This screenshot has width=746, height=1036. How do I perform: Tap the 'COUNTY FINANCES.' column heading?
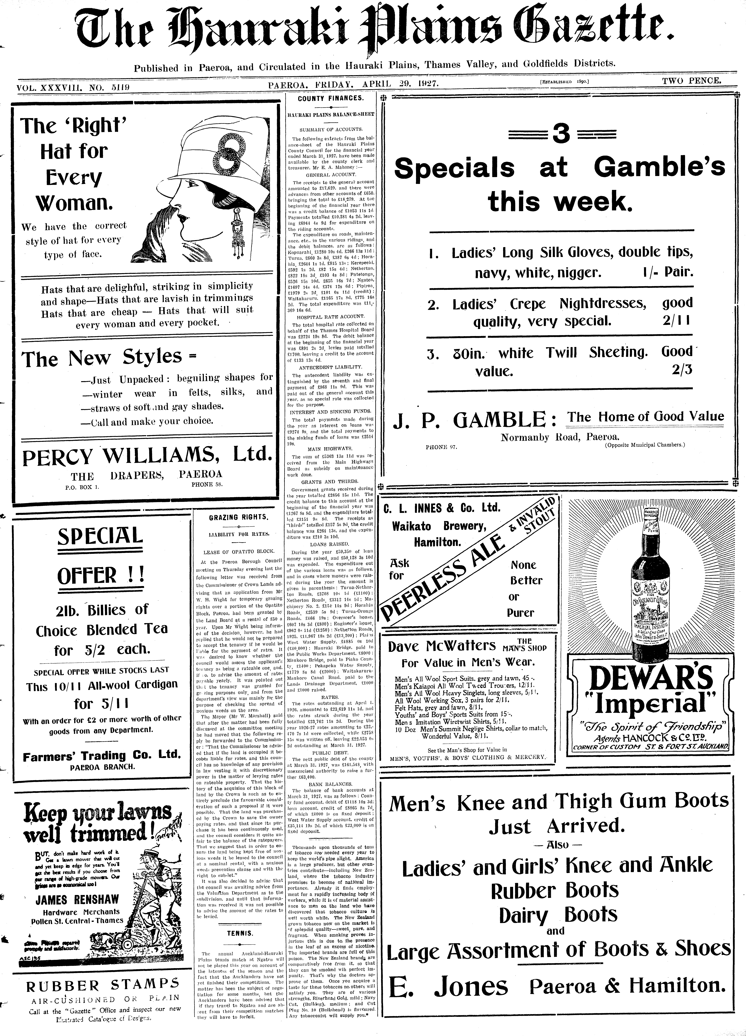click(330, 98)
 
